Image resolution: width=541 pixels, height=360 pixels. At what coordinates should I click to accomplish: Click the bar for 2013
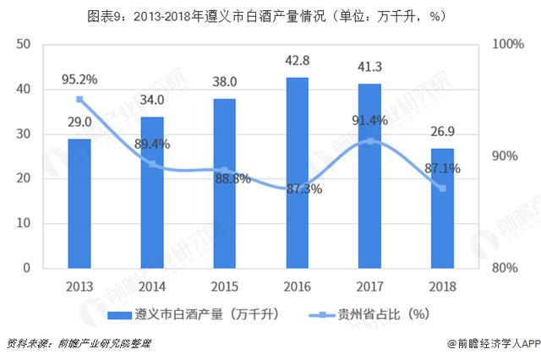[79, 204]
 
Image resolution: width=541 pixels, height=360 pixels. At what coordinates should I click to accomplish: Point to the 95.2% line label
[79, 80]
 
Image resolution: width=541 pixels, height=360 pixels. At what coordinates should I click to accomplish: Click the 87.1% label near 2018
[442, 169]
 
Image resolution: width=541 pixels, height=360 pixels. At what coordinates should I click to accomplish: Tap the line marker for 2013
[79, 100]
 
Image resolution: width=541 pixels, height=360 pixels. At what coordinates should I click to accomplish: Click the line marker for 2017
[370, 141]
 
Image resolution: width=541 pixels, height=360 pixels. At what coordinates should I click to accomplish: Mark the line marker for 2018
[443, 188]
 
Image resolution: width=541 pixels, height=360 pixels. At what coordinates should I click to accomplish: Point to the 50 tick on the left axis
[22, 45]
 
